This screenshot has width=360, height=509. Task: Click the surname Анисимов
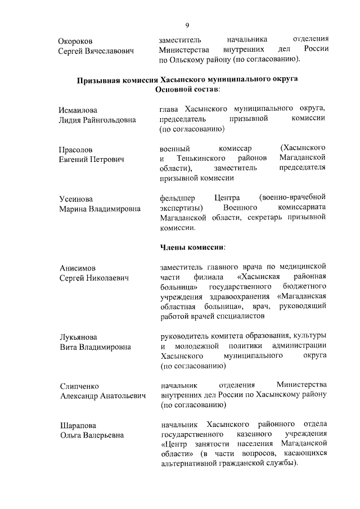tap(77, 268)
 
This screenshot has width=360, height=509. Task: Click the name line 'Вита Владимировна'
tap(95, 347)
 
